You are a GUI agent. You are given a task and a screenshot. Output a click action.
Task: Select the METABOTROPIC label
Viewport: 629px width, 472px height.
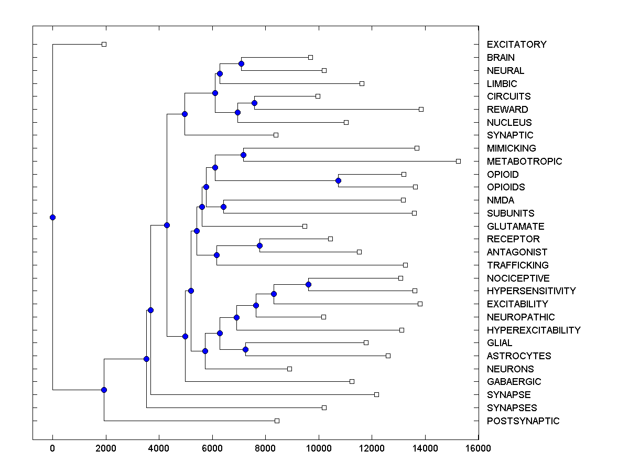tap(524, 162)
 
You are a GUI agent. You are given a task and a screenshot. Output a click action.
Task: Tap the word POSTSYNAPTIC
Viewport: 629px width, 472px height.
tap(523, 421)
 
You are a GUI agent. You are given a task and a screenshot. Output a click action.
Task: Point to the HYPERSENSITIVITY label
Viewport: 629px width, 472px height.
tap(531, 291)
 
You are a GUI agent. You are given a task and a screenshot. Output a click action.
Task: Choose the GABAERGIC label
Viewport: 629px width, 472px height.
tap(514, 382)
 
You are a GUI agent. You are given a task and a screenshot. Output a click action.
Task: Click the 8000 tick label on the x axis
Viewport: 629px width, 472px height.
tap(265, 448)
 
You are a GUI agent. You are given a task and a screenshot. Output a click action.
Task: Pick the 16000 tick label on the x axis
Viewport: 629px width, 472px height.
tap(478, 448)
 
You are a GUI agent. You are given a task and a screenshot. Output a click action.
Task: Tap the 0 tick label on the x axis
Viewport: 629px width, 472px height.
tap(52, 448)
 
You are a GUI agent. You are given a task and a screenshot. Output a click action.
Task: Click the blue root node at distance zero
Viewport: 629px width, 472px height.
tap(52, 217)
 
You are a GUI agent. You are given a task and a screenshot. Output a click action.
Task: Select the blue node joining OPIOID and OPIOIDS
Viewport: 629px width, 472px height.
tap(338, 181)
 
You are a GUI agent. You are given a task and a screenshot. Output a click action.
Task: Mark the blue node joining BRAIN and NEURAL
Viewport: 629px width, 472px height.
tap(241, 64)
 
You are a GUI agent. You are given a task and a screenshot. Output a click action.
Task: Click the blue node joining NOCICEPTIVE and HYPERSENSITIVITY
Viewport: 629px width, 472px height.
tap(308, 285)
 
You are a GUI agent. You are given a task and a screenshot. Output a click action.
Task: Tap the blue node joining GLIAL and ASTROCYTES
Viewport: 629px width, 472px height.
tap(245, 349)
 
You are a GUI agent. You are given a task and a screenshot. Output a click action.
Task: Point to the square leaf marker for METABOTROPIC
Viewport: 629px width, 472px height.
tap(458, 161)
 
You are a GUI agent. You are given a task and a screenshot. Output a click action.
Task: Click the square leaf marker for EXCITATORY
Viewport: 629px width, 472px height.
tap(104, 44)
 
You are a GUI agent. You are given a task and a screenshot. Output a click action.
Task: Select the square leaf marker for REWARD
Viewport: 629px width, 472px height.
tap(421, 109)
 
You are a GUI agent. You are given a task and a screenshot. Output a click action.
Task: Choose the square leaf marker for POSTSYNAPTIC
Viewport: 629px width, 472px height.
tap(277, 421)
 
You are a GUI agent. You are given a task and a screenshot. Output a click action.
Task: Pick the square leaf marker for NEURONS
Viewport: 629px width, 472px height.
tap(289, 369)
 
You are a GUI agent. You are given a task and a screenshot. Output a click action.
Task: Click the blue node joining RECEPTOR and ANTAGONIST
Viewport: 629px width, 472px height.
tap(259, 245)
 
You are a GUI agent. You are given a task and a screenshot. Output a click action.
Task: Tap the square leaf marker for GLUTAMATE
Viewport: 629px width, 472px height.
tap(305, 226)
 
